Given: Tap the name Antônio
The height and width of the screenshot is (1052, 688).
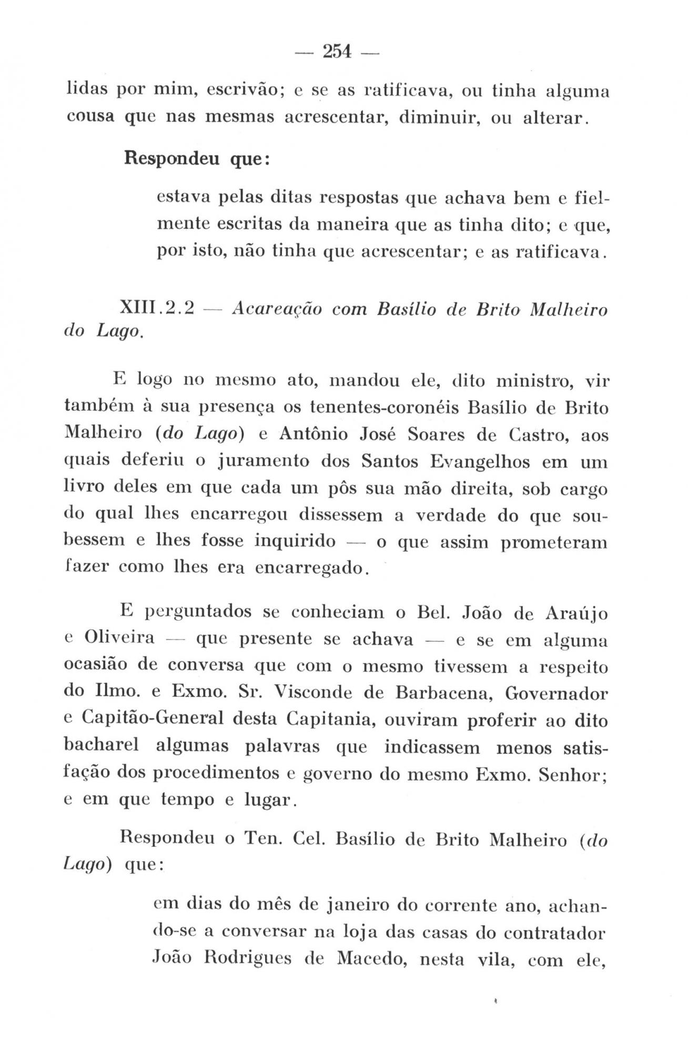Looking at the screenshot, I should tap(313, 434).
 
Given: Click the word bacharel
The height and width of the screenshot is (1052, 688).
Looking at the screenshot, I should tap(101, 745).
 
